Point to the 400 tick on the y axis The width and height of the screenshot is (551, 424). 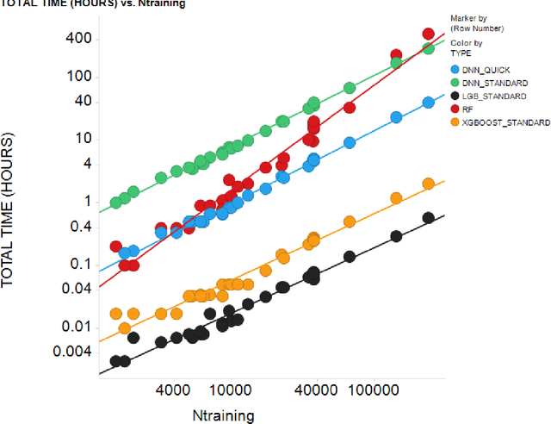tap(79, 38)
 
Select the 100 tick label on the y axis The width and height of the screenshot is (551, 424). tap(79, 75)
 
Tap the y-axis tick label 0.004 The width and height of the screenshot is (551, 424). tap(72, 352)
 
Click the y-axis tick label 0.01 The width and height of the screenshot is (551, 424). tap(76, 327)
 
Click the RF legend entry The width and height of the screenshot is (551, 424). tap(469, 109)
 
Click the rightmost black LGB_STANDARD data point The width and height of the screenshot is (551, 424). tap(428, 218)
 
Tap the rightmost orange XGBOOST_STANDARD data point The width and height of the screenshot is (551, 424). tap(428, 184)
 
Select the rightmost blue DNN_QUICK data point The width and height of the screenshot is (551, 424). tap(428, 103)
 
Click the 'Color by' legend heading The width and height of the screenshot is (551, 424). tap(466, 42)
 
